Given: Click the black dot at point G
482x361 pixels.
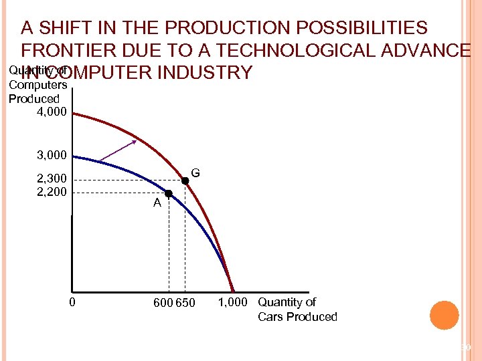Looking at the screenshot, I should [185, 180].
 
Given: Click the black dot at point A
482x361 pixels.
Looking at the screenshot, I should [169, 193].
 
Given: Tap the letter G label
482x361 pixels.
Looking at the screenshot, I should [195, 173].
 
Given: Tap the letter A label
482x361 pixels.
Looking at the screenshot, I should [157, 203].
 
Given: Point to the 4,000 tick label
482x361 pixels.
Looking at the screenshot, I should [51, 112].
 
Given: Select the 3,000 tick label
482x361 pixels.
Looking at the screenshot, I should [51, 155].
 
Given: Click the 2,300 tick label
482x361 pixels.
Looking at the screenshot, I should [51, 179].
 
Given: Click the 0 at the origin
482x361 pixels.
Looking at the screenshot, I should [72, 302].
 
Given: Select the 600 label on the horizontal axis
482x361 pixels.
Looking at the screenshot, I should [163, 303].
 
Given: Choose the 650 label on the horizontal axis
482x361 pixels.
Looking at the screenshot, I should [185, 303].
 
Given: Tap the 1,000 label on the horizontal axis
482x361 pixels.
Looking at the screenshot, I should [234, 302].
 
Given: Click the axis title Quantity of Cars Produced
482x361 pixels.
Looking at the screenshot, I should [297, 309].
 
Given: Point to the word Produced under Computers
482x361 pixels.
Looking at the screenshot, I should [33, 98].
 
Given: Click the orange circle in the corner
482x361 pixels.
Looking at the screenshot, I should [444, 316].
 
